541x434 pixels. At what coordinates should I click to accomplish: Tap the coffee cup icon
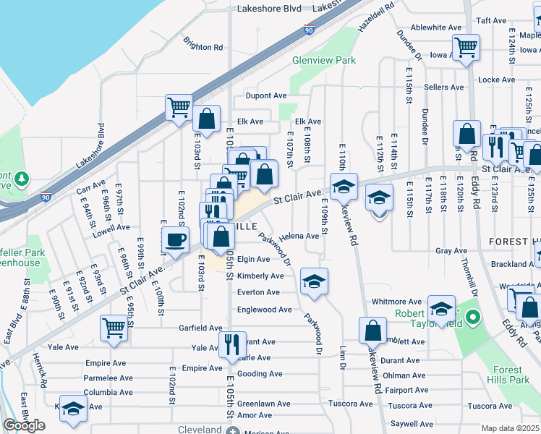[x=174, y=239]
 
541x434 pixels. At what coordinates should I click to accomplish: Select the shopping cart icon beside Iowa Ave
[x=466, y=48]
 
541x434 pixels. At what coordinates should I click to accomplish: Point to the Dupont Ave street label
[x=266, y=95]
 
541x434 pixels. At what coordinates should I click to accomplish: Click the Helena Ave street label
[x=299, y=236]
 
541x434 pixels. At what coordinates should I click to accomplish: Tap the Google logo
[x=24, y=425]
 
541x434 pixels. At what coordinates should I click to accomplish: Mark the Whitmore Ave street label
[x=396, y=302]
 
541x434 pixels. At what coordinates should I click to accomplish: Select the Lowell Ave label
[x=111, y=226]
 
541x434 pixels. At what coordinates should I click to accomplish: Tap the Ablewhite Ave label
[x=437, y=27]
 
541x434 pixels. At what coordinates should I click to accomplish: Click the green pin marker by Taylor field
[x=472, y=317]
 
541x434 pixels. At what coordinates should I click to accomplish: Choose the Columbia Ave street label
[x=108, y=393]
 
